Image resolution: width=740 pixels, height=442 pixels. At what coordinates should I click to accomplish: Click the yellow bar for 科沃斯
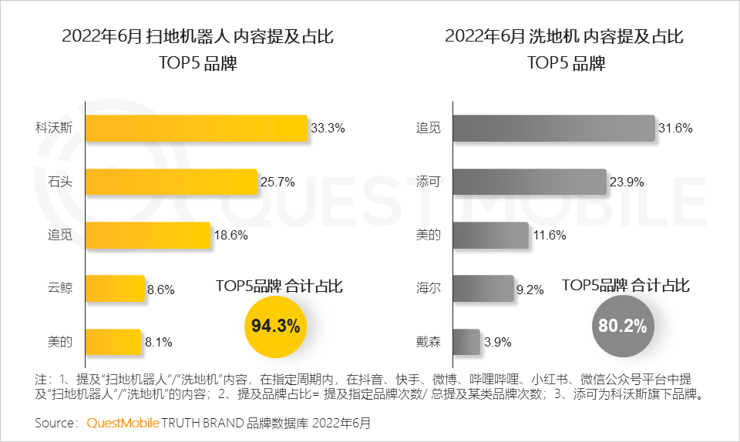coord(197,129)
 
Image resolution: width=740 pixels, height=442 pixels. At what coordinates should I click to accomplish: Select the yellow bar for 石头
coord(170,182)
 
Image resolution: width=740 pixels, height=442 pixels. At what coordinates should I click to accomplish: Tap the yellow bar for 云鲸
coord(115,289)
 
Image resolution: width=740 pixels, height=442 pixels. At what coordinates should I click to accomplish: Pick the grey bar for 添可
coord(529,182)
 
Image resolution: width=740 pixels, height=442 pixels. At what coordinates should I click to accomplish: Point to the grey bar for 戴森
coord(466,342)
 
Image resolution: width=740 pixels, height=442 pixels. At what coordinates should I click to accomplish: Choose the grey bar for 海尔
coord(483,289)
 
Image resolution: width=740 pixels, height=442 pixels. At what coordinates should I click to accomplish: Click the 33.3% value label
coord(328,129)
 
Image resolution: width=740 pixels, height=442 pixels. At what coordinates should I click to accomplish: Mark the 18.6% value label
coord(230,236)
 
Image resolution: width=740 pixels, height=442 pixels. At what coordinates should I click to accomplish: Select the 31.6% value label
coord(675,129)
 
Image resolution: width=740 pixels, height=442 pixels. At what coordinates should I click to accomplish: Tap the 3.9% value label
coord(497,342)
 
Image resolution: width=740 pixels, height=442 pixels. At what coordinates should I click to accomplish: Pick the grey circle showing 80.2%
coord(622,326)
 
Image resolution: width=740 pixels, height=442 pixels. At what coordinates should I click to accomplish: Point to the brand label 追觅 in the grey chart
coord(428,129)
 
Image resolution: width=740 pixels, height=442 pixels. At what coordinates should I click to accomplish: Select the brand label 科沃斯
coord(54,129)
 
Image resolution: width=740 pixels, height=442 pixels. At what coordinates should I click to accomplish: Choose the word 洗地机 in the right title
coord(554,36)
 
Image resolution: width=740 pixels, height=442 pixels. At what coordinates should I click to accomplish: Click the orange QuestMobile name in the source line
coord(123,424)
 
